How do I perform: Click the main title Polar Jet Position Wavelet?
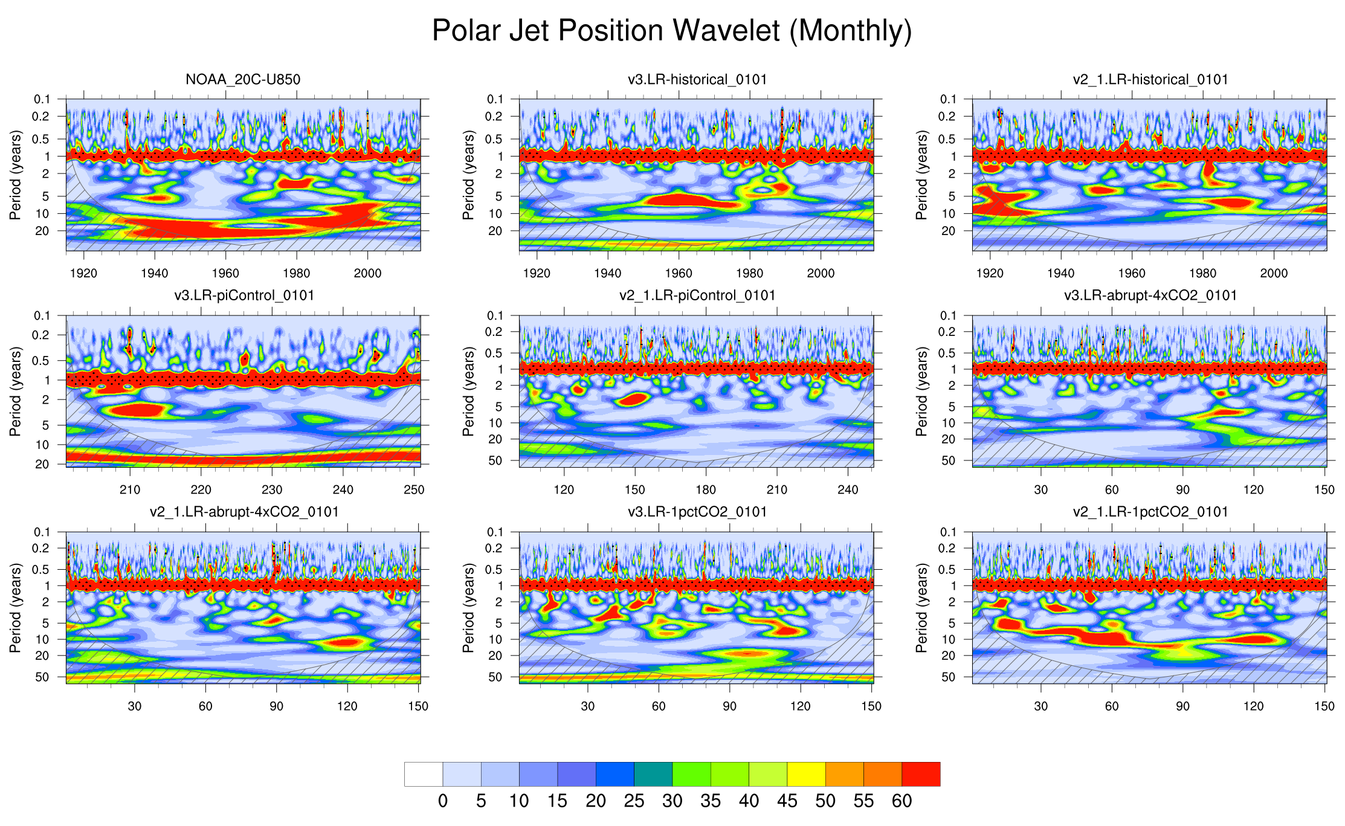pyautogui.click(x=672, y=30)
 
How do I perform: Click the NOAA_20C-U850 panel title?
pyautogui.click(x=243, y=79)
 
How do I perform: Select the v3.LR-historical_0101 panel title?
pyautogui.click(x=697, y=79)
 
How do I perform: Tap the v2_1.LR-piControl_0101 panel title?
pyautogui.click(x=697, y=295)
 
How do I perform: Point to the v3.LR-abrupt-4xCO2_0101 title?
pyautogui.click(x=1150, y=295)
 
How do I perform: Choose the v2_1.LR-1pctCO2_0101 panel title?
pyautogui.click(x=1150, y=512)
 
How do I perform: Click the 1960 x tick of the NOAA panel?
pyautogui.click(x=225, y=273)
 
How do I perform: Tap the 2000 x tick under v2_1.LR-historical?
pyautogui.click(x=1274, y=273)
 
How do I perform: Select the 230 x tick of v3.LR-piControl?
pyautogui.click(x=272, y=489)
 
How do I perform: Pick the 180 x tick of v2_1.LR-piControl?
pyautogui.click(x=706, y=489)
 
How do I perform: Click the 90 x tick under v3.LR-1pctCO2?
pyautogui.click(x=729, y=706)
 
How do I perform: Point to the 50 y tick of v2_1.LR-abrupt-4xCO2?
pyautogui.click(x=42, y=677)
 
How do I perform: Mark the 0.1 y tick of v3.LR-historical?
pyautogui.click(x=495, y=99)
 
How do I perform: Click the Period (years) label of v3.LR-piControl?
pyautogui.click(x=15, y=391)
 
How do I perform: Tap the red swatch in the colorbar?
pyautogui.click(x=921, y=774)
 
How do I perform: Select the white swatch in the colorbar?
pyautogui.click(x=424, y=774)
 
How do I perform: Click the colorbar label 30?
pyautogui.click(x=672, y=801)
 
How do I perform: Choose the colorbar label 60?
pyautogui.click(x=902, y=801)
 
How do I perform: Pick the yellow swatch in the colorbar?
pyautogui.click(x=806, y=774)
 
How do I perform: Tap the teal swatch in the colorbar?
pyautogui.click(x=653, y=774)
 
